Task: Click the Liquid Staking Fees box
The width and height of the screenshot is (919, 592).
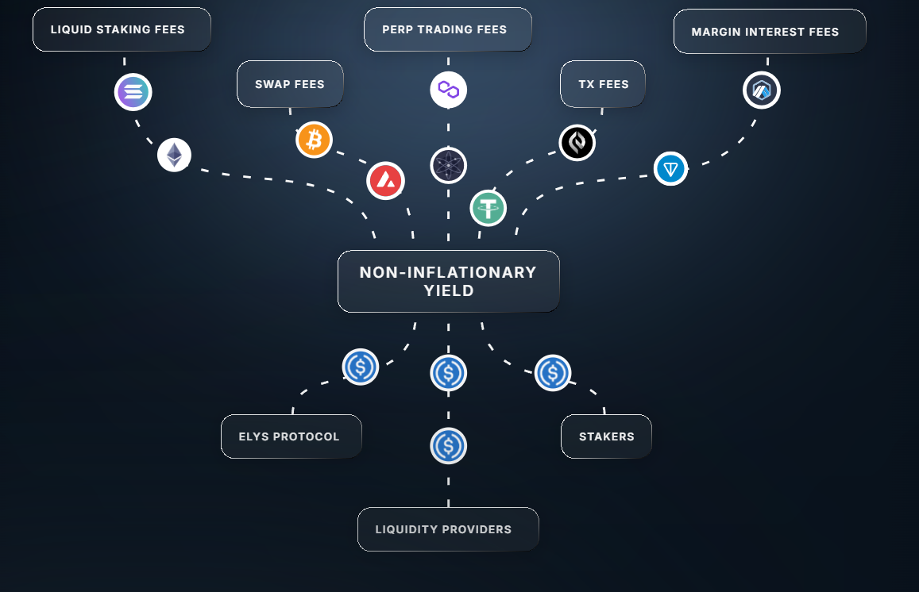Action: pyautogui.click(x=122, y=30)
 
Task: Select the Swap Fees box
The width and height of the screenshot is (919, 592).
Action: pyautogui.click(x=290, y=84)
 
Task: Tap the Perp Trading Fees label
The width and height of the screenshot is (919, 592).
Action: pyautogui.click(x=447, y=29)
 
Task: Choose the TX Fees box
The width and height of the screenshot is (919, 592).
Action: pyautogui.click(x=603, y=84)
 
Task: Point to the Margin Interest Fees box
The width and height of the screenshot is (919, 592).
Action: pyautogui.click(x=769, y=32)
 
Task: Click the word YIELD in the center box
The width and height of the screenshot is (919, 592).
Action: pyautogui.click(x=449, y=291)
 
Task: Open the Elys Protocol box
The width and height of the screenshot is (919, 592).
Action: pyautogui.click(x=291, y=436)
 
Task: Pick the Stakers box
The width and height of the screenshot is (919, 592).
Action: pyautogui.click(x=606, y=436)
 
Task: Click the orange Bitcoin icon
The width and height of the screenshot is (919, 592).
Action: pyautogui.click(x=314, y=140)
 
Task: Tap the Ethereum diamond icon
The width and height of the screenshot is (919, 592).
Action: pyautogui.click(x=174, y=155)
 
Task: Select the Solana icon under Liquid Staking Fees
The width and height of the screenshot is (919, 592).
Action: pyautogui.click(x=133, y=93)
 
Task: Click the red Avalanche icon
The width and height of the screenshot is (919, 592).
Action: pyautogui.click(x=385, y=181)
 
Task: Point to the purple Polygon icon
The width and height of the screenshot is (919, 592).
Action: pyautogui.click(x=449, y=90)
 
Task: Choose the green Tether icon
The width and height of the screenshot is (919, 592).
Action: pyautogui.click(x=488, y=208)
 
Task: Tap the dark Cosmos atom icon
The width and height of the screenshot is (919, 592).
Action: pyautogui.click(x=449, y=166)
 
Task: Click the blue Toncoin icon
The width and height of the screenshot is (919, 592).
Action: pyautogui.click(x=670, y=168)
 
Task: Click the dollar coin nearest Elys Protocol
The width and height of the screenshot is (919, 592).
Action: pyautogui.click(x=361, y=367)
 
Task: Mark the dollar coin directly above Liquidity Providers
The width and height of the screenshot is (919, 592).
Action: pyautogui.click(x=449, y=446)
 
